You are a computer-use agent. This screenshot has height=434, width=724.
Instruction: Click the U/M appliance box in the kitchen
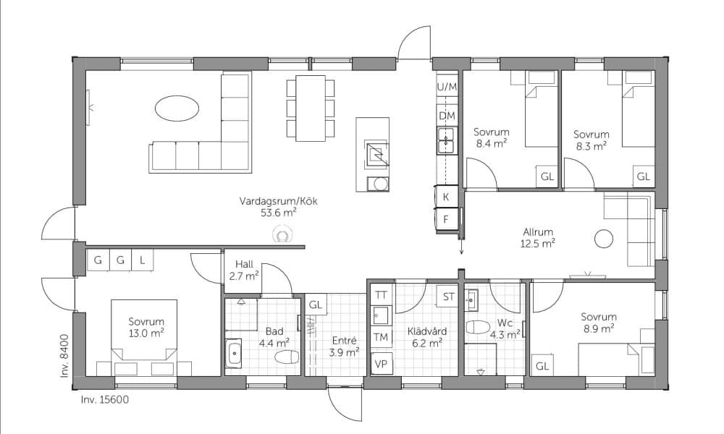[447, 86]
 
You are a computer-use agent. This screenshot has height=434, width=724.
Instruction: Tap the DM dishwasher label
[447, 116]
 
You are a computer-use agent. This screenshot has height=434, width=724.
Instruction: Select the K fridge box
[446, 197]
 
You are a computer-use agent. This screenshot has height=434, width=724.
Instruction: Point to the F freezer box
[446, 220]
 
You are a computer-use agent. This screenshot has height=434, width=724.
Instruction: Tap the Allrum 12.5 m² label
[538, 237]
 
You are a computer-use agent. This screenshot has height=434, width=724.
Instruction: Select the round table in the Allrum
[604, 239]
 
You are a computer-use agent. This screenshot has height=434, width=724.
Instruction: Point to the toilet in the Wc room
[477, 327]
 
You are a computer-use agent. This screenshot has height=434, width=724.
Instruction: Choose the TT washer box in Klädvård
[381, 294]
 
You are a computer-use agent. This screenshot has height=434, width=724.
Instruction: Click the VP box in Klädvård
[381, 364]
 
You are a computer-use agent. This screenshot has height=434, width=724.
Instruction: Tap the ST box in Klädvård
[448, 297]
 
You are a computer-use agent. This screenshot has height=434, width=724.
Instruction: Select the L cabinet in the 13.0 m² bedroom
[143, 260]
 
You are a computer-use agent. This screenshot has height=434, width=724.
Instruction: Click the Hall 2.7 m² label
[244, 271]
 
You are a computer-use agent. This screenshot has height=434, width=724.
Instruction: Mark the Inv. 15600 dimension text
[104, 399]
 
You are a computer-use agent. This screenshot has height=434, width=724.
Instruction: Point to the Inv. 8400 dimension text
[64, 356]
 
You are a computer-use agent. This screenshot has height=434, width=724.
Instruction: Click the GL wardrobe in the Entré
[316, 305]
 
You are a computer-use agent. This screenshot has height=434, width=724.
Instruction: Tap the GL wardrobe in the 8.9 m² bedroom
[542, 366]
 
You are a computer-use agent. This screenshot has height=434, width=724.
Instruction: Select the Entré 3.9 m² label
[345, 346]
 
